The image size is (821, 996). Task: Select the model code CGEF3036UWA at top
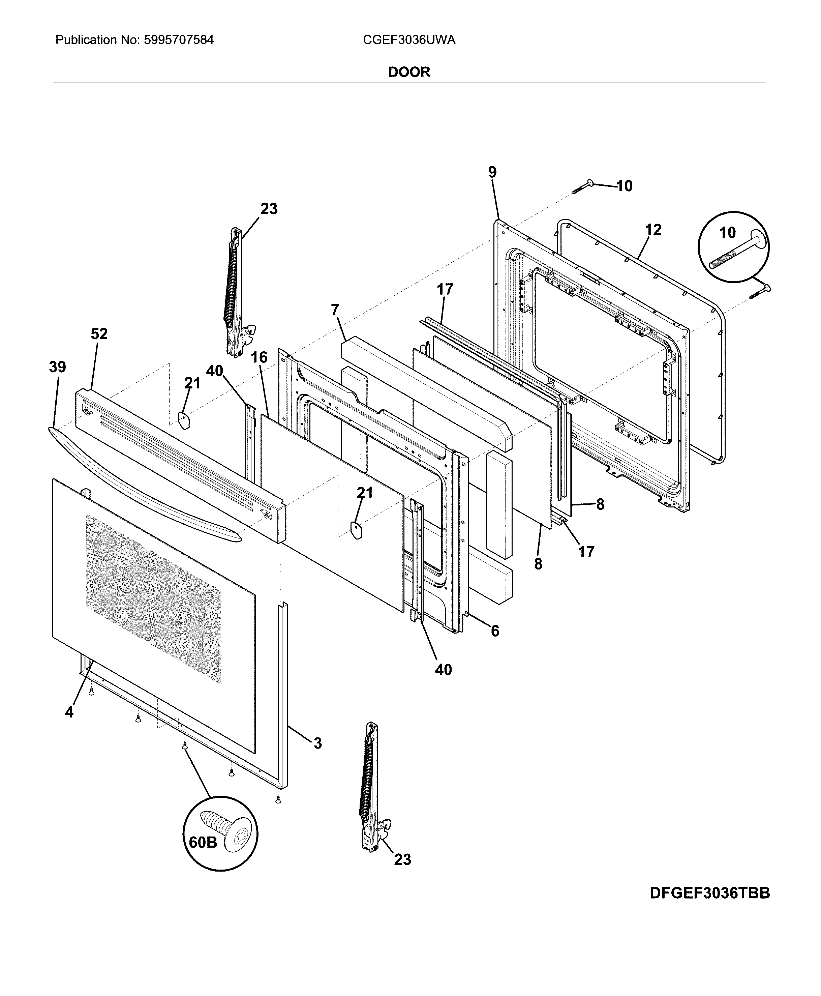click(x=409, y=40)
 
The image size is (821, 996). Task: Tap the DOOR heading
click(x=409, y=72)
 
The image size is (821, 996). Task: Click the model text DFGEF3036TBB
click(x=709, y=893)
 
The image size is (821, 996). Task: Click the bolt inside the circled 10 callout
click(x=737, y=253)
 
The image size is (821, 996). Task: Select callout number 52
click(x=99, y=334)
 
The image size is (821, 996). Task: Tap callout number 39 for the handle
click(x=58, y=367)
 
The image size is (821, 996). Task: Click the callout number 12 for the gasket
click(x=653, y=230)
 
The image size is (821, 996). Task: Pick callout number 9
click(x=492, y=172)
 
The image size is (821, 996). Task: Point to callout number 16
click(x=259, y=357)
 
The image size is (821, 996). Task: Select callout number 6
click(x=495, y=631)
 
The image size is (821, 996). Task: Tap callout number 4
click(x=69, y=712)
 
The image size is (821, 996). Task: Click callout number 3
click(x=317, y=743)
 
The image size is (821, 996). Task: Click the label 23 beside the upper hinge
click(x=269, y=209)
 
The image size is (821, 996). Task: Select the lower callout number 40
click(x=443, y=670)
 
